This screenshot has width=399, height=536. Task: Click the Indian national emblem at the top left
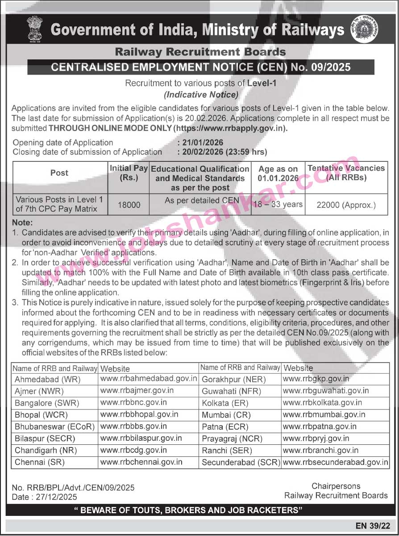[34, 29]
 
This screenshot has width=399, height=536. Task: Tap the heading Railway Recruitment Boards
[200, 52]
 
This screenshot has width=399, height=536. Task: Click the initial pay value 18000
[129, 204]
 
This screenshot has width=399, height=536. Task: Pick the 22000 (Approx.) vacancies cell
[346, 205]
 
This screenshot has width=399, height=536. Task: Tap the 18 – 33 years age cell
[278, 204]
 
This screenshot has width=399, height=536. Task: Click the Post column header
[59, 173]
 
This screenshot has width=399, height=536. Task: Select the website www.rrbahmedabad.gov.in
[149, 379]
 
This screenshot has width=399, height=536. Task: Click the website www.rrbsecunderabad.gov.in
[336, 462]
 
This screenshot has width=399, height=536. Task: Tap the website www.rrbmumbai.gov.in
[324, 415]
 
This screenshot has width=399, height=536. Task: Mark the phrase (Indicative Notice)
[201, 94]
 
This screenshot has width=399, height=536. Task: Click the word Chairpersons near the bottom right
[336, 486]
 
